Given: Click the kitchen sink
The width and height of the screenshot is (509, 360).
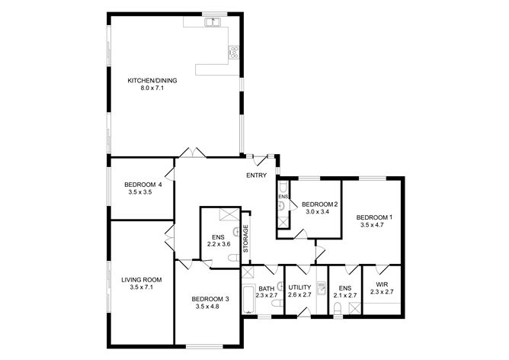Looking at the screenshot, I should (x=213, y=22).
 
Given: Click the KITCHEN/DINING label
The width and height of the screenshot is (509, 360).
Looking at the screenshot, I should (x=146, y=80).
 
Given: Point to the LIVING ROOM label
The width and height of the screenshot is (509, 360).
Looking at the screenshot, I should (x=142, y=279).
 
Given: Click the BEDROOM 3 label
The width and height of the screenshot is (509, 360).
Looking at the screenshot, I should (x=210, y=298).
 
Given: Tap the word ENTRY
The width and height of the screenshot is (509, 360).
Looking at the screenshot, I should (x=256, y=176).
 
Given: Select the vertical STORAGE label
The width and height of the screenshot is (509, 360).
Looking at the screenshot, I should (x=245, y=239).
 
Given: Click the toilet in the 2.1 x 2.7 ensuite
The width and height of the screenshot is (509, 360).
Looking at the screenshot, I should (x=336, y=309).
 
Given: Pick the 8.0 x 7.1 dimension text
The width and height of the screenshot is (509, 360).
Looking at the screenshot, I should (x=146, y=88).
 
